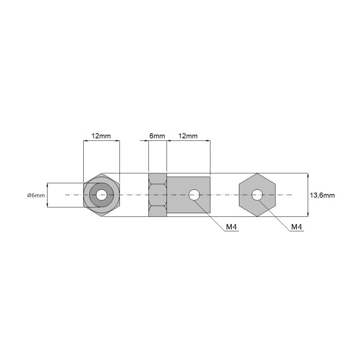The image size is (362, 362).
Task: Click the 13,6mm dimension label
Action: [x=322, y=195]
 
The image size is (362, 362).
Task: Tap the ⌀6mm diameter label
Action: [x=36, y=195]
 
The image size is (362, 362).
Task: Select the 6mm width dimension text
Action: [x=157, y=136]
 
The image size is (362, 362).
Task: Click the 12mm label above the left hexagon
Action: [x=101, y=136]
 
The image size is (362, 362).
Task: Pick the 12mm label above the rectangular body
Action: [x=188, y=136]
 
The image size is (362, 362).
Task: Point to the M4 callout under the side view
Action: [x=231, y=227]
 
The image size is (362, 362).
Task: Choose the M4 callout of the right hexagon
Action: [x=297, y=227]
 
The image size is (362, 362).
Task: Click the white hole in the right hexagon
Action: [x=257, y=195]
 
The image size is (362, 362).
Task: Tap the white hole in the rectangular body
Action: [x=194, y=195]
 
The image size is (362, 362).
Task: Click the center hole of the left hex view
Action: [x=101, y=195]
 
